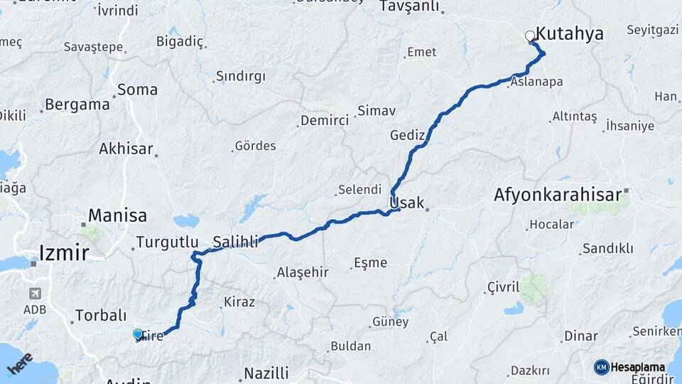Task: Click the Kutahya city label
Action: click(569, 33)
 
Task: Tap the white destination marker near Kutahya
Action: click(530, 36)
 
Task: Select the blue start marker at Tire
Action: click(138, 334)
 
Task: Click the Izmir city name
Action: click(64, 252)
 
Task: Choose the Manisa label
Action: click(117, 215)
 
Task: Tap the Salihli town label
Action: click(235, 242)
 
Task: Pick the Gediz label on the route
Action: click(407, 135)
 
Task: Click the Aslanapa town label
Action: click(536, 82)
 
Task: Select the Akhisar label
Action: click(126, 149)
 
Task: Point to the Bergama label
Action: click(77, 105)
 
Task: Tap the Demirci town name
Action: click(325, 120)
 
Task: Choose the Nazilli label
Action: click(266, 373)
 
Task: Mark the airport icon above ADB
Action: click(35, 293)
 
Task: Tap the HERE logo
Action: click(20, 364)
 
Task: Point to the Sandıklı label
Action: click(607, 248)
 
